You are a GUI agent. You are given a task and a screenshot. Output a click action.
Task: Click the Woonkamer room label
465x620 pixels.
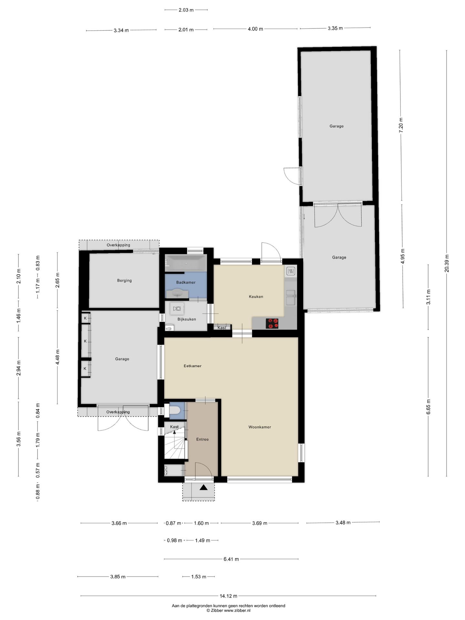click(x=260, y=427)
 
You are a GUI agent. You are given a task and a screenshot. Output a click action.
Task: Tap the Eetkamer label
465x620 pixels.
click(x=192, y=366)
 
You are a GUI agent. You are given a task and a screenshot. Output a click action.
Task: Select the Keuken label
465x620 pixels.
click(x=256, y=296)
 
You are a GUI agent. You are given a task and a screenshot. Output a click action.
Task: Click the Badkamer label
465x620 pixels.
click(x=186, y=282)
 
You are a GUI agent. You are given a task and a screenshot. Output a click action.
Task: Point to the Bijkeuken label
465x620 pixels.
click(x=187, y=319)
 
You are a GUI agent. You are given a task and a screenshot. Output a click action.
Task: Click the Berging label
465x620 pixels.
click(x=124, y=280)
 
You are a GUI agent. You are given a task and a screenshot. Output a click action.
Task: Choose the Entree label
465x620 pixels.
click(x=202, y=439)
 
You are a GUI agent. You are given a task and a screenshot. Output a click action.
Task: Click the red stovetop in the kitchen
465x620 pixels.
click(x=272, y=324)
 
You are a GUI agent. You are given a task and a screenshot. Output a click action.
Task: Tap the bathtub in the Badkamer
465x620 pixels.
click(x=186, y=263)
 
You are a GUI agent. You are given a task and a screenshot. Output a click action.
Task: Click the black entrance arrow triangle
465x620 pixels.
click(x=203, y=488)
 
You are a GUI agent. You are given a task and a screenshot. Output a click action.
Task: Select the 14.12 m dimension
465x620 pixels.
click(x=228, y=596)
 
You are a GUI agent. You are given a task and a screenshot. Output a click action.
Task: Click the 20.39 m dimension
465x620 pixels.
click(x=447, y=263)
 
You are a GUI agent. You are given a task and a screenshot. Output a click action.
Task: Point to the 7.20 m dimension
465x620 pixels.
click(x=401, y=124)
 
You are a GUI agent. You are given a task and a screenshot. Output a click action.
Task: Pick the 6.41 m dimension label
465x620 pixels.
click(x=231, y=559)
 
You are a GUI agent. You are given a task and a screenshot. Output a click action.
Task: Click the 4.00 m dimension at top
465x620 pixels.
click(x=255, y=29)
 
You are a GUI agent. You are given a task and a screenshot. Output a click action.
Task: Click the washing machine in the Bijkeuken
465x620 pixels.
click(x=177, y=309)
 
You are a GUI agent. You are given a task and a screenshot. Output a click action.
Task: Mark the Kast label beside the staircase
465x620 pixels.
click(x=174, y=427)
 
